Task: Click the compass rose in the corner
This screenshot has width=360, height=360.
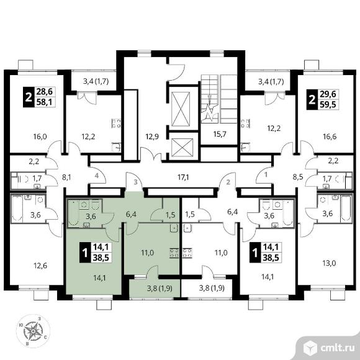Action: coord(34,331)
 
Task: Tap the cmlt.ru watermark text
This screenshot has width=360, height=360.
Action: coord(337,349)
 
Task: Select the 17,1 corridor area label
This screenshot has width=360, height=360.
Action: coord(183,177)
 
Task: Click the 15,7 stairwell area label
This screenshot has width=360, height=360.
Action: coord(220,134)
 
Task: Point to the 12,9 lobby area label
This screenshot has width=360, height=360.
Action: coord(152,137)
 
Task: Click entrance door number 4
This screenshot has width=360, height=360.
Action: coord(97,176)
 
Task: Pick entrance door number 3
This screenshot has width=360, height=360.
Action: coord(135,182)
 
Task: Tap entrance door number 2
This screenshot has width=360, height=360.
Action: coord(228,182)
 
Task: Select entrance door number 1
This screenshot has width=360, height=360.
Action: coord(266,175)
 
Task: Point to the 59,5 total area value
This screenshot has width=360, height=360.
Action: coord(328,104)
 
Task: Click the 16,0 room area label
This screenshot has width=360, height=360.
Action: coord(40,137)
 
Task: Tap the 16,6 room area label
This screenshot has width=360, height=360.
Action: coord(330,137)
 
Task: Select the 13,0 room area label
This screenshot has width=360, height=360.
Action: coord(330,263)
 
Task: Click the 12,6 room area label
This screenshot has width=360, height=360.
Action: coord(40,266)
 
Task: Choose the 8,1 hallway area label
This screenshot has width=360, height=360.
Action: coord(66,178)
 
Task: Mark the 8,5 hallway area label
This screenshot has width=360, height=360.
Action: coord(298,178)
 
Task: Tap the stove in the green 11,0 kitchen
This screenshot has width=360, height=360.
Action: coord(174,253)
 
